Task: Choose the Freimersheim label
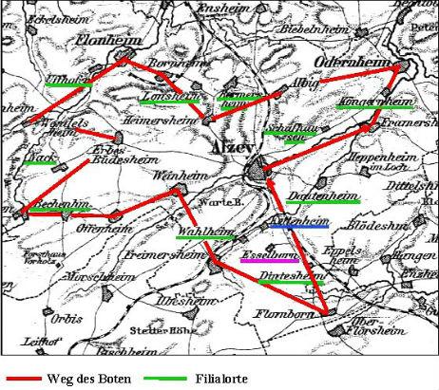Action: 153,254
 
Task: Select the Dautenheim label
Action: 327,194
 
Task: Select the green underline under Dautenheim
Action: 327,202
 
